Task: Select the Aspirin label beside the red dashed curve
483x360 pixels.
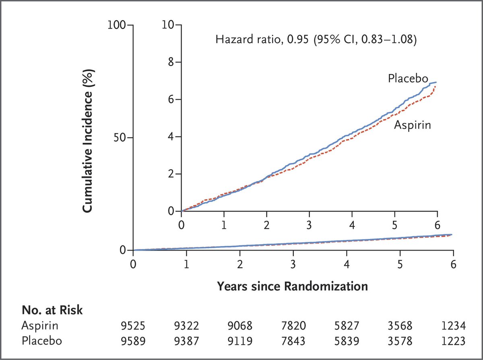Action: click(x=412, y=125)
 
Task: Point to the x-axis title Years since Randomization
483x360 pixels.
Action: click(x=292, y=286)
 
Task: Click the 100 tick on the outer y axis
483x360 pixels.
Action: click(x=117, y=25)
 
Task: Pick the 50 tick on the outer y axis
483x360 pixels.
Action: click(x=120, y=138)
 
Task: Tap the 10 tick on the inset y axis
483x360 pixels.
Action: click(x=170, y=25)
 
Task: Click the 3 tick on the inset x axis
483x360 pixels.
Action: click(x=309, y=224)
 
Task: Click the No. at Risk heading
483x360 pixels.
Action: click(x=52, y=310)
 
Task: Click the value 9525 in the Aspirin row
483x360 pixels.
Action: click(x=132, y=326)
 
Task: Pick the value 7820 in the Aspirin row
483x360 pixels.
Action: click(x=293, y=326)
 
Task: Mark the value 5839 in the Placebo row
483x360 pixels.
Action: click(x=347, y=341)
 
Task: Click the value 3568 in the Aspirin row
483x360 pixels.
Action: click(x=400, y=326)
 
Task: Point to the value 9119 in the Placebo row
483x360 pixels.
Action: click(x=239, y=341)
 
